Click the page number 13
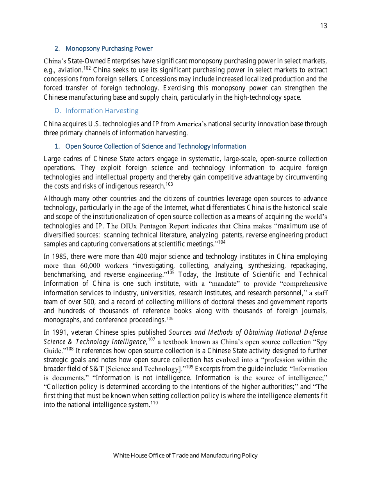pos(323,26)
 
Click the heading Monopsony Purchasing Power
pos(109,48)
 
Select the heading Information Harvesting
pos(102,111)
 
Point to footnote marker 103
pos(169,184)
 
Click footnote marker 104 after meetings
pos(221,242)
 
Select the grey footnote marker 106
pos(169,318)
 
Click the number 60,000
pos(91,266)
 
